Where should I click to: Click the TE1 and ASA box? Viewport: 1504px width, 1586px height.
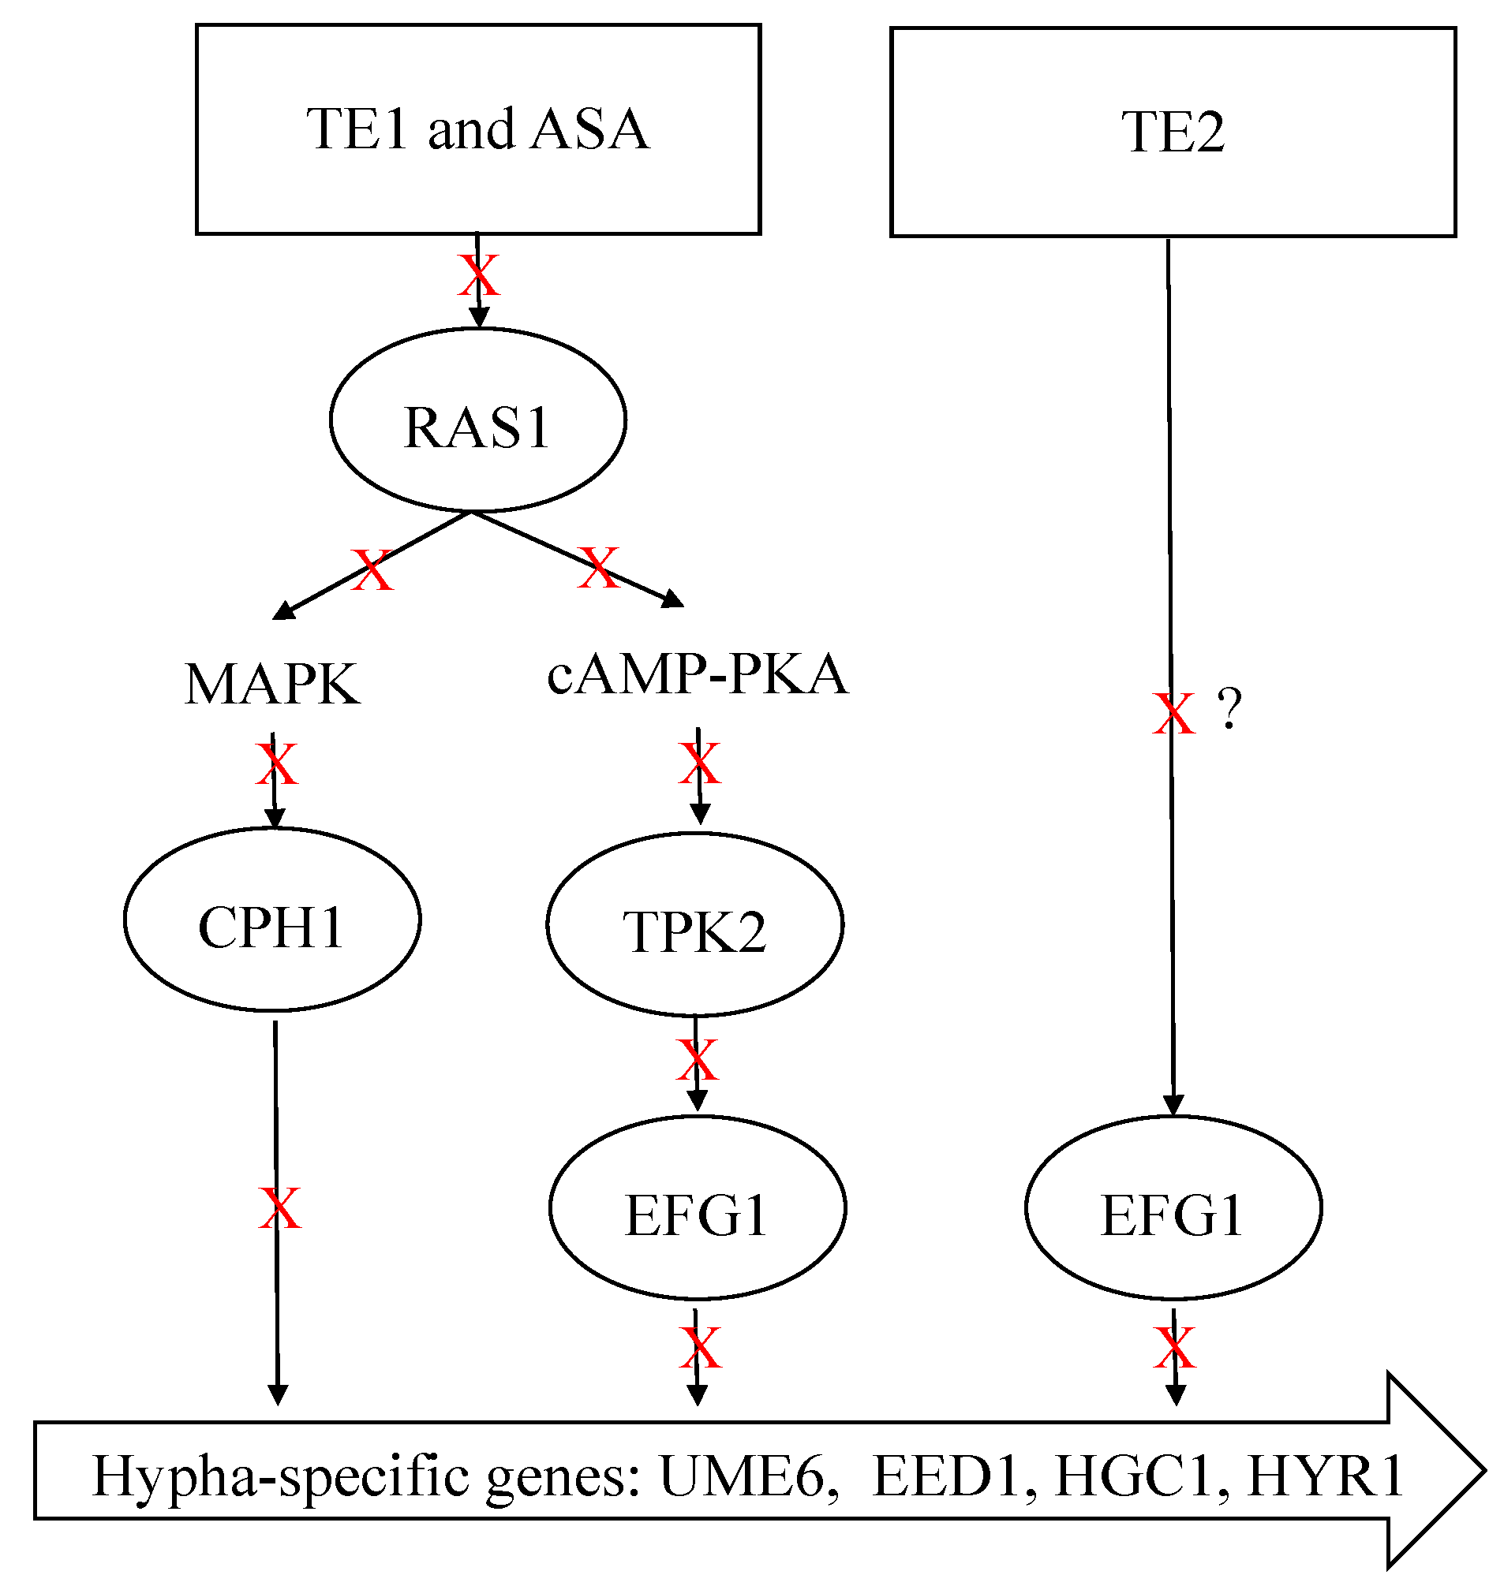(478, 129)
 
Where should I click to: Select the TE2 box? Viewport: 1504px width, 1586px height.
(1173, 132)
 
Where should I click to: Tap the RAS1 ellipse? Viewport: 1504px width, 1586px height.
(478, 420)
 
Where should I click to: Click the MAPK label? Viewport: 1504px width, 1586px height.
(272, 685)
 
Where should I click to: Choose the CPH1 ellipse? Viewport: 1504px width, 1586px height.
(272, 920)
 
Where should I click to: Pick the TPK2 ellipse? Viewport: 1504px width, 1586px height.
(695, 925)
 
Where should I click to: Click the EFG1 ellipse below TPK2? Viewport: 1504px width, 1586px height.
(698, 1207)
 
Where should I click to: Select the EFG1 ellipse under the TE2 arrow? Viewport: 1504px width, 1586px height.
(1173, 1207)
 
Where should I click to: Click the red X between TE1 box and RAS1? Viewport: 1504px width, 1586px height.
(479, 276)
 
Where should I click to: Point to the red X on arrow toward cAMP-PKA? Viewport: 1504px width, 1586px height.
(599, 568)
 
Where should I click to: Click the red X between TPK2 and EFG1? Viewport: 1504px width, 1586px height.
(698, 1060)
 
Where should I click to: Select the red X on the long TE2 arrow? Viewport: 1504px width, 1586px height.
(1173, 714)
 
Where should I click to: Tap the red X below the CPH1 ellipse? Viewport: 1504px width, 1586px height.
(280, 1208)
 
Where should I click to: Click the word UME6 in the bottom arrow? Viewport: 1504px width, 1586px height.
(742, 1476)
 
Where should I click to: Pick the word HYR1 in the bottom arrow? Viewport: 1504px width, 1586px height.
(1324, 1476)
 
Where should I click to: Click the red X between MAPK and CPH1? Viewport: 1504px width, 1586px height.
(277, 763)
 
